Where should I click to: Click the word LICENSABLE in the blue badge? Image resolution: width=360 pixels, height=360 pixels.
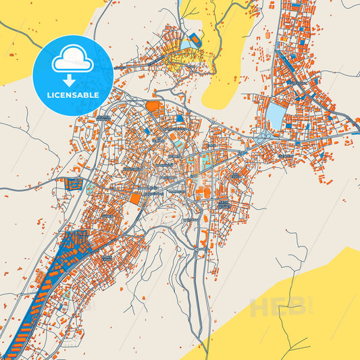(x=74, y=95)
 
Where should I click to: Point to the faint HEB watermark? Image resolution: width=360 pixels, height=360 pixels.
(x=277, y=307)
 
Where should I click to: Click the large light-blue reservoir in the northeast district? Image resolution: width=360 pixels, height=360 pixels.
(x=276, y=115)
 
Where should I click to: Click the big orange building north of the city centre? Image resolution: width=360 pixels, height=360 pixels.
(x=154, y=106)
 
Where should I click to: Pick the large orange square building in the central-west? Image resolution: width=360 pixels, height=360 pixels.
(x=136, y=199)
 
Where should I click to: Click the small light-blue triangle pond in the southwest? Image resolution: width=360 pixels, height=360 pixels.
(x=68, y=294)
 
